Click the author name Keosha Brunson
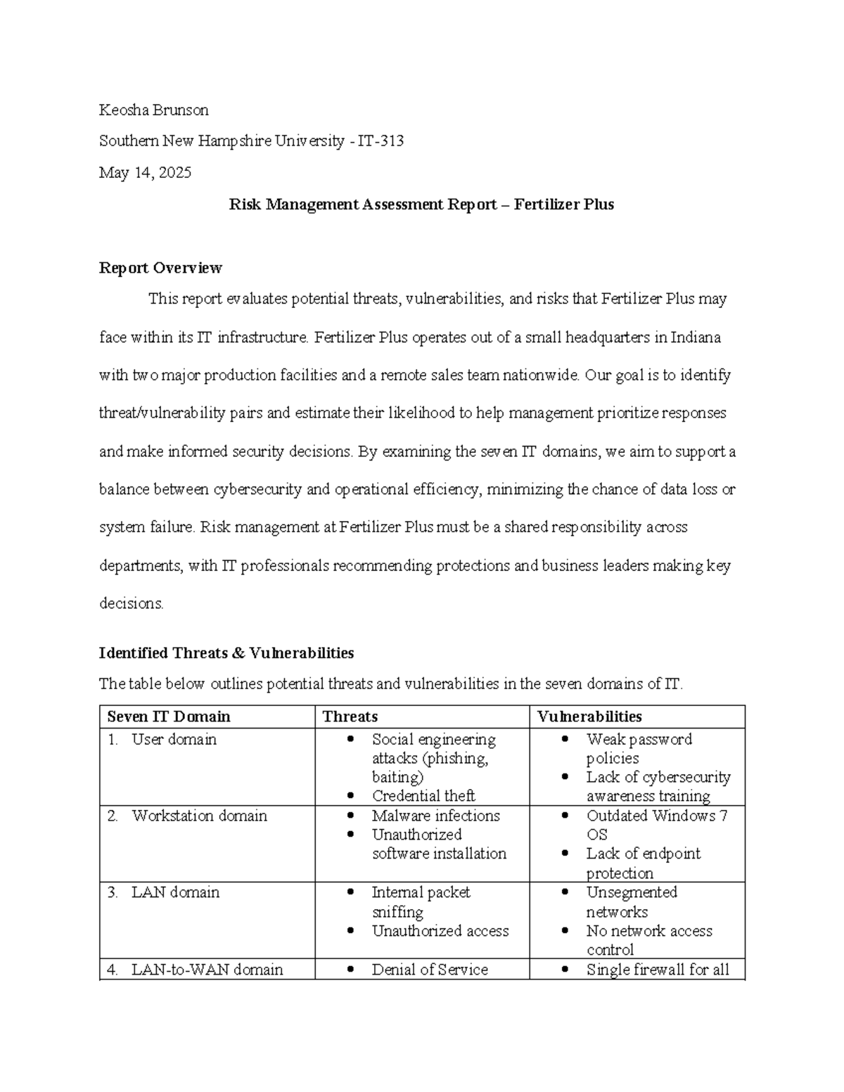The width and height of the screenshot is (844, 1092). pos(153,110)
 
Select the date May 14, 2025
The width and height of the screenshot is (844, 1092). pos(145,173)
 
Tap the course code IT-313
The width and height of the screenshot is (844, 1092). pos(381,141)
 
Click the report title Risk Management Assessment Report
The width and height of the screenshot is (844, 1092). pos(362,205)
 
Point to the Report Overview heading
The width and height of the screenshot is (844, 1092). pos(160,268)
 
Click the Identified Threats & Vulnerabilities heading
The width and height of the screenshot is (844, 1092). pos(226,653)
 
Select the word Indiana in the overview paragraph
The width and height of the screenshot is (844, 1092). pos(696,338)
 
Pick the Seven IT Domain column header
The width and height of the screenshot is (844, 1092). pos(169,717)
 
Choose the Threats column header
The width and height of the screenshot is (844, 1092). pos(350,717)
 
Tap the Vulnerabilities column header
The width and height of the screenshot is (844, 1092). pos(589,717)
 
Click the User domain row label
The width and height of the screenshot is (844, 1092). pos(174,740)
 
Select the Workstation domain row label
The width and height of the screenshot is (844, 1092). pos(199,816)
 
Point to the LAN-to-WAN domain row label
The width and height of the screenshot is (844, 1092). pos(207,970)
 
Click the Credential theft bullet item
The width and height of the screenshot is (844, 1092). pos(423,796)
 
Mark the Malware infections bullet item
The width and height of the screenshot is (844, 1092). pos(435,816)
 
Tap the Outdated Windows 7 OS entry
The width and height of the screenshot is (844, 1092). pos(656,825)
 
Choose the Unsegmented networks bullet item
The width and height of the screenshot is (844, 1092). pos(631,901)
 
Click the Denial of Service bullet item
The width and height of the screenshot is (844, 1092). pos(430,970)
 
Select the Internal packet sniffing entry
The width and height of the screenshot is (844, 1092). pos(421,901)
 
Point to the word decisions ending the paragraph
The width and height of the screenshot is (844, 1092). pos(131,603)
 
